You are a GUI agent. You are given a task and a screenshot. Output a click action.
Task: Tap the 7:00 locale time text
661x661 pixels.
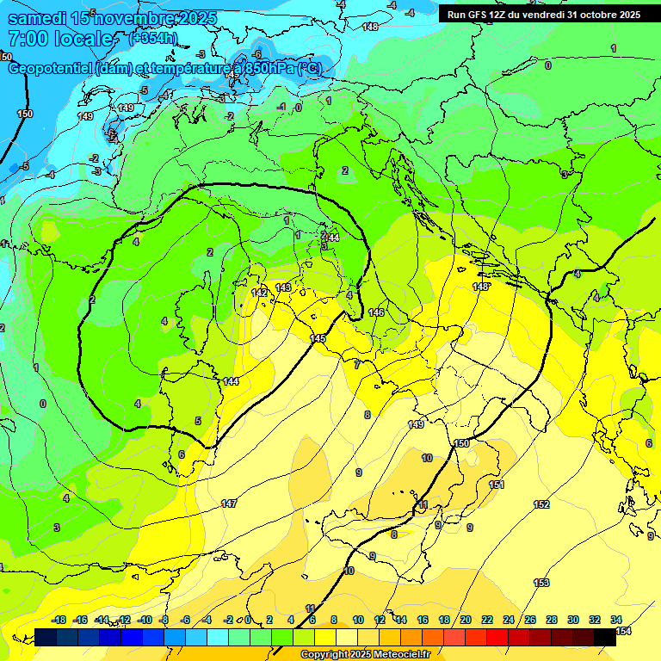pyautogui.click(x=60, y=40)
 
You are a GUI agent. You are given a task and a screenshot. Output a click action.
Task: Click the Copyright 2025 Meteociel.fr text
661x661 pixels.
pyautogui.click(x=365, y=655)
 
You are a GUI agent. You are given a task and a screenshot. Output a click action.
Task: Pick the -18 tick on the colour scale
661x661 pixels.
pyautogui.click(x=59, y=620)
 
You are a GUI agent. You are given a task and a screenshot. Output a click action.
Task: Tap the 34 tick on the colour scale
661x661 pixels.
pyautogui.click(x=615, y=620)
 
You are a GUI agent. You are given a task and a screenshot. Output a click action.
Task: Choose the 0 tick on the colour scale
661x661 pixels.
pyautogui.click(x=248, y=620)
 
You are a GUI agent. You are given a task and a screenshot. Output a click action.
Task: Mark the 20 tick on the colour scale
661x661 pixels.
pyautogui.click(x=465, y=620)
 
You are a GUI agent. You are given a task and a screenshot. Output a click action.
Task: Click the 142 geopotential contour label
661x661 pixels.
pyautogui.click(x=258, y=293)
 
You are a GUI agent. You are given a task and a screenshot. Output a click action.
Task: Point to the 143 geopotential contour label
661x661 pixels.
pyautogui.click(x=283, y=287)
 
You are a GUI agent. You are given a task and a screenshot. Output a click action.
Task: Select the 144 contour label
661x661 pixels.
pyautogui.click(x=231, y=381)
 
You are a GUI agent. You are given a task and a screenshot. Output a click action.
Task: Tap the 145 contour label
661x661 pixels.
pyautogui.click(x=318, y=338)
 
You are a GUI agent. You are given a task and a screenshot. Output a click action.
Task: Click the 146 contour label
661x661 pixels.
pyautogui.click(x=376, y=312)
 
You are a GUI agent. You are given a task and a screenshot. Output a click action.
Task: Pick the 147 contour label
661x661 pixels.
pyautogui.click(x=229, y=503)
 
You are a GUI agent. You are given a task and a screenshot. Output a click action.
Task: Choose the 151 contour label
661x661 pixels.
pyautogui.click(x=497, y=485)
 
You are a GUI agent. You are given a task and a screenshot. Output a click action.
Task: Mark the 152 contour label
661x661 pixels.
pyautogui.click(x=541, y=504)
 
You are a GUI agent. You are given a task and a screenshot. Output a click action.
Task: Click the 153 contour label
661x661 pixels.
pyautogui.click(x=541, y=583)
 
